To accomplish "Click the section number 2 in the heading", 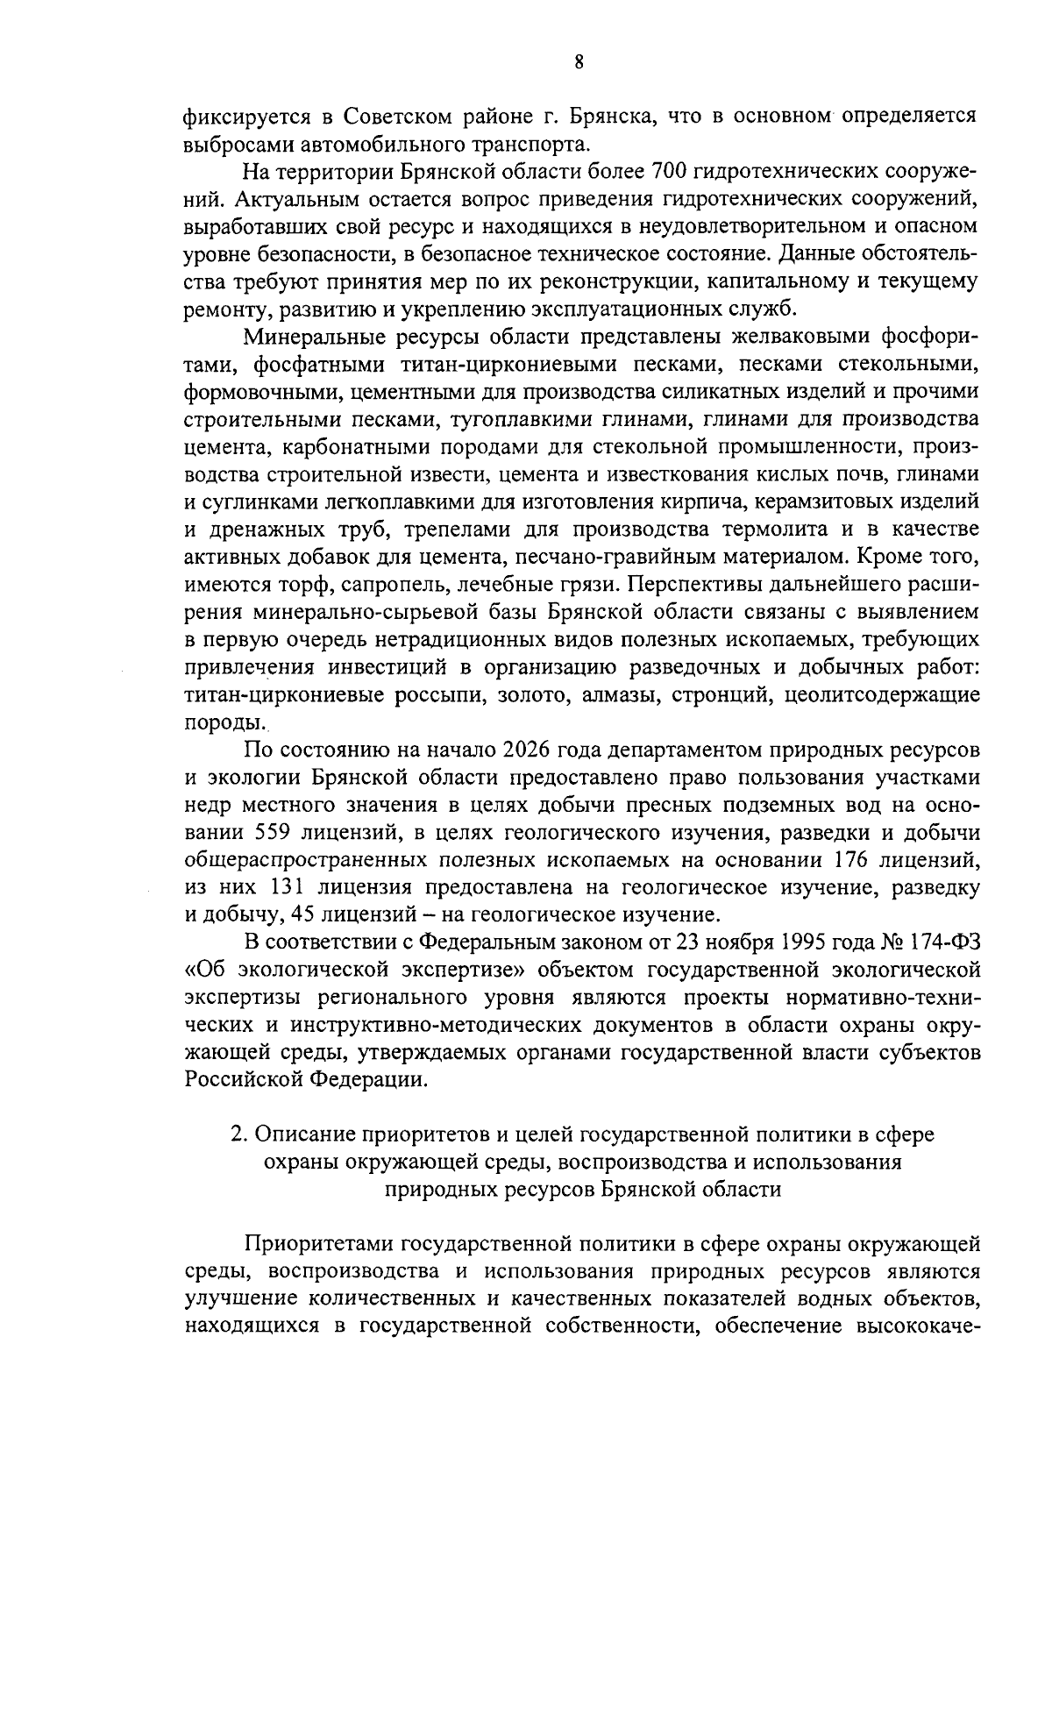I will (237, 1134).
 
